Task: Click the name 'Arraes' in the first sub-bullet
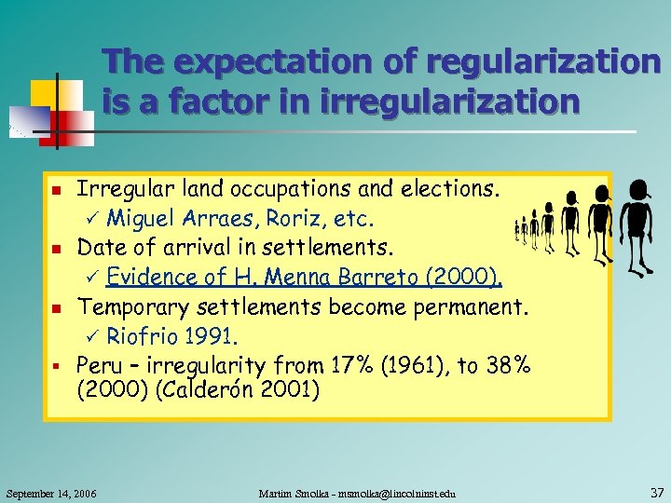click(x=212, y=220)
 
